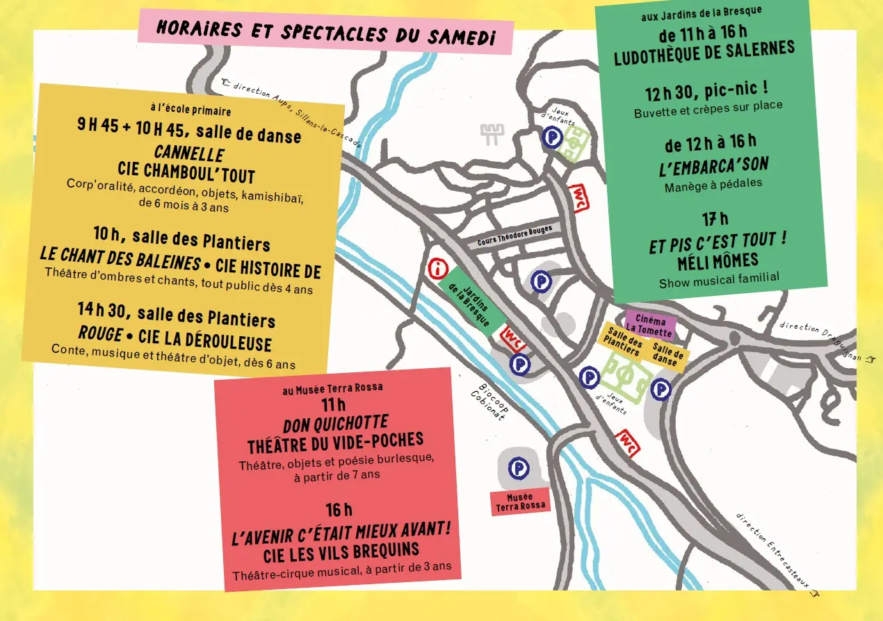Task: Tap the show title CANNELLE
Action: tap(188, 153)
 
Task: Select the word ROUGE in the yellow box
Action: tap(100, 333)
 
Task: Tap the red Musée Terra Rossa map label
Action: tap(520, 502)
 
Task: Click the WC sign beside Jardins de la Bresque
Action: tap(513, 336)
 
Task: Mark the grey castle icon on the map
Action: tap(493, 133)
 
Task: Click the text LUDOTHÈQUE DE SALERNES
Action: tap(704, 53)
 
